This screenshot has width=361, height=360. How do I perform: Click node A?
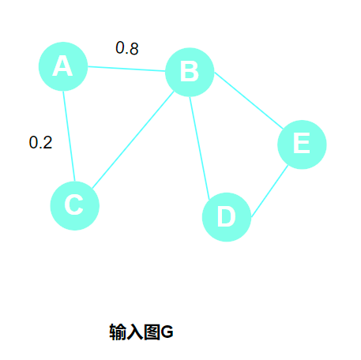coord(63,66)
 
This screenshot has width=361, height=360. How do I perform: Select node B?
coord(190,72)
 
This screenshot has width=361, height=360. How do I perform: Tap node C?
coord(75,205)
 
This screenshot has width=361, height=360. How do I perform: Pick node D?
coord(227,217)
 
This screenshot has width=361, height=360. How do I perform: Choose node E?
coord(302,144)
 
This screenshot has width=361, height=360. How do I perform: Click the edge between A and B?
coord(126,69)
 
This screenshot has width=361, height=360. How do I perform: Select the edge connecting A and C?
coord(69,137)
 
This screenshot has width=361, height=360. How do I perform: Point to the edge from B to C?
coord(133,140)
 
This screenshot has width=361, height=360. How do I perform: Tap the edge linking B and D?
coord(200,148)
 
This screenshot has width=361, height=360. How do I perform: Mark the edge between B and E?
coord(249,100)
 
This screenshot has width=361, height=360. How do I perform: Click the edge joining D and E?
coord(269,192)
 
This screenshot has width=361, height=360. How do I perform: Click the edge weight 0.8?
coord(127,48)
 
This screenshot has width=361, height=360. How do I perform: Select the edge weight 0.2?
coord(40,142)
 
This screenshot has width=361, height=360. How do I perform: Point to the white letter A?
coord(62,66)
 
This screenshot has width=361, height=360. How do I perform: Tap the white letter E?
coord(302,143)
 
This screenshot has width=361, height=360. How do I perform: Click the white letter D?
coord(227,216)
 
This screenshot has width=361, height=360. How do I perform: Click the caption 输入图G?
coord(141,332)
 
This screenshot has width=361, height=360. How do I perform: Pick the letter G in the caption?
coord(167,332)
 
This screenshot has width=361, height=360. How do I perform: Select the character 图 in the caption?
coord(152,332)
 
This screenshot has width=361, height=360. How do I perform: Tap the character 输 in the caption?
coord(118,332)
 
